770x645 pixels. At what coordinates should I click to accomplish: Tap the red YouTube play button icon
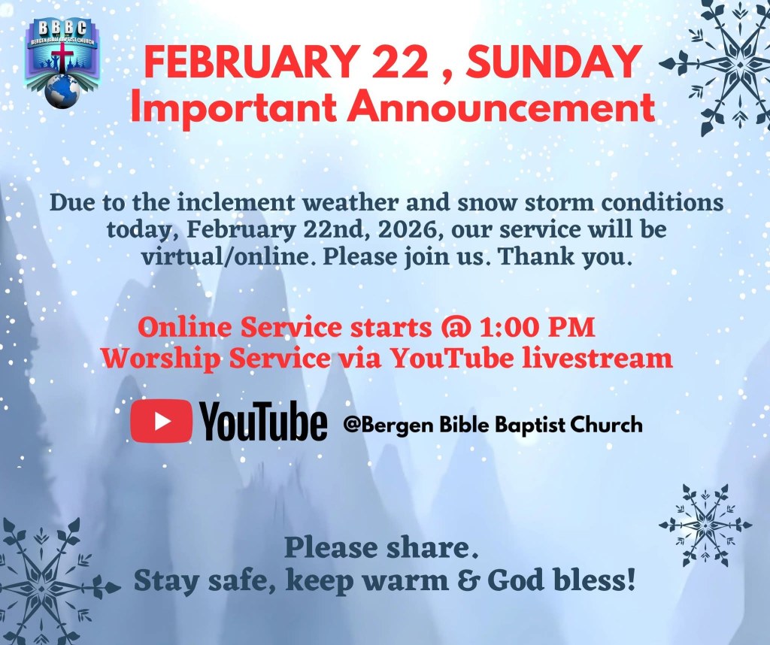tap(161, 421)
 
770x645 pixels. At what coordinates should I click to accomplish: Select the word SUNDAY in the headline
tap(554, 62)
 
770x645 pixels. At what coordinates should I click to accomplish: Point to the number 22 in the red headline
tap(400, 62)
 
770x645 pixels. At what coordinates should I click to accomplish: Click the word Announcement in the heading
tap(502, 107)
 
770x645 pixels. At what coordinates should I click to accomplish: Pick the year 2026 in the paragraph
tap(407, 230)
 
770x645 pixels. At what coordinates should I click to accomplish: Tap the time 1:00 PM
tap(537, 328)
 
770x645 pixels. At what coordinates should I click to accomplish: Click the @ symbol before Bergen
tap(353, 425)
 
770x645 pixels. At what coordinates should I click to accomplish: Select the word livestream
tap(596, 359)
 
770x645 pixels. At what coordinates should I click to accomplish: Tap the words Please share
tap(381, 548)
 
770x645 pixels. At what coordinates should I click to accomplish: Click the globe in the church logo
tap(62, 92)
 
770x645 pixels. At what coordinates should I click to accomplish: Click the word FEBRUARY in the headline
tap(250, 62)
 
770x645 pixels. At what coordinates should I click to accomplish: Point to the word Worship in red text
tap(161, 359)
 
